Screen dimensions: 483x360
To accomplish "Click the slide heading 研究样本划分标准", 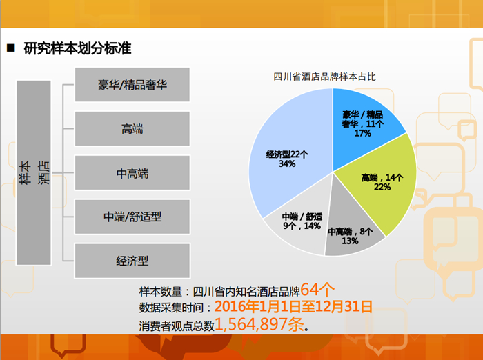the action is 77,48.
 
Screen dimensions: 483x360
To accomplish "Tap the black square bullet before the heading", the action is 11,48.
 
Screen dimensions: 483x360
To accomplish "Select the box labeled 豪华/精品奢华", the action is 132,85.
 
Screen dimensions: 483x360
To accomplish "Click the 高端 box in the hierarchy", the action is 132,129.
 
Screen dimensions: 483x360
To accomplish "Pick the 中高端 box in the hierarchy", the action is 132,173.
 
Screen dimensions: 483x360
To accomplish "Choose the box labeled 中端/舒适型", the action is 132,217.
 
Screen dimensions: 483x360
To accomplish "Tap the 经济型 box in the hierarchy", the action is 132,261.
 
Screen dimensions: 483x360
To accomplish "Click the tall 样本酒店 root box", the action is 34,173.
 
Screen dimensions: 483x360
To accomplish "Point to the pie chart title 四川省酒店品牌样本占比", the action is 325,77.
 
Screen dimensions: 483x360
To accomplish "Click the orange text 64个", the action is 317,290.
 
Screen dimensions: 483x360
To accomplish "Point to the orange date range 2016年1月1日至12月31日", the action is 293,306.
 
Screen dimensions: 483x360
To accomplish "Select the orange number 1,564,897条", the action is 259,324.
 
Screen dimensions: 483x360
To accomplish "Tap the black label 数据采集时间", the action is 171,308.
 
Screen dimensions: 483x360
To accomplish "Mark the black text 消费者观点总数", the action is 177,326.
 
